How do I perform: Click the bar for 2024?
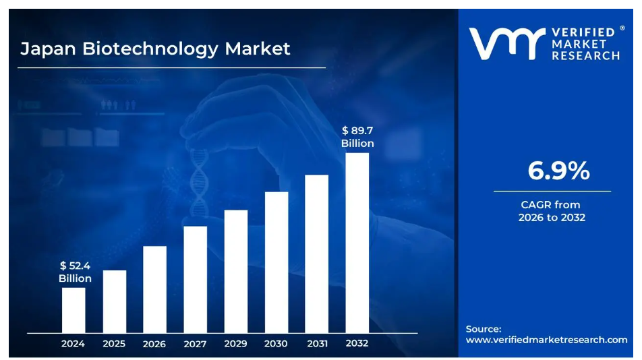tap(74, 310)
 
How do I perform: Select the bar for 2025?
tap(114, 301)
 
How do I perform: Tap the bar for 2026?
tap(154, 289)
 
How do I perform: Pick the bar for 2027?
tap(195, 279)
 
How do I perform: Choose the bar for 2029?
tap(235, 271)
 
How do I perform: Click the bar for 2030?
tap(276, 262)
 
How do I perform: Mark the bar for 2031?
tap(316, 253)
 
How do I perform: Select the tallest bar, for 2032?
tap(357, 243)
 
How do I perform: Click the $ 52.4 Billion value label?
tap(75, 272)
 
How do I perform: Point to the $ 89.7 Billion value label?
tap(357, 137)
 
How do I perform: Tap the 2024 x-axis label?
tap(73, 344)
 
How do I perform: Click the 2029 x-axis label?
tap(235, 344)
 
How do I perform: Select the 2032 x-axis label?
tap(357, 343)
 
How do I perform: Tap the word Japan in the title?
tap(48, 49)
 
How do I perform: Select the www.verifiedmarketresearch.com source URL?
tap(546, 340)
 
